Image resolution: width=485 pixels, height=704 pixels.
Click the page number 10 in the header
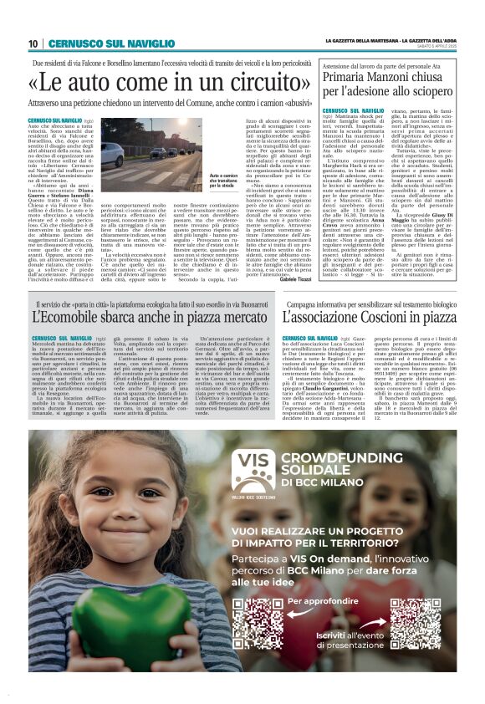[x=34, y=43]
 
